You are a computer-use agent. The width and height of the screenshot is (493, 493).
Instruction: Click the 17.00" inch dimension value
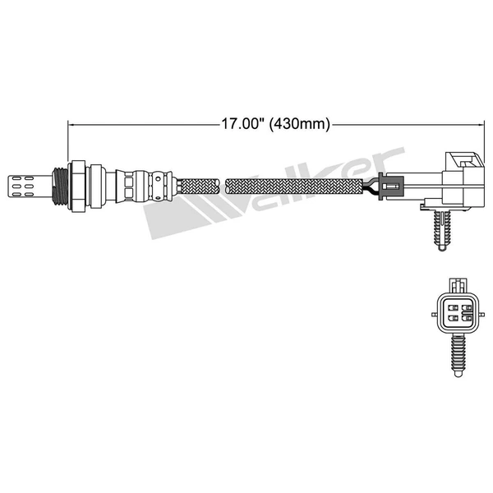(x=242, y=125)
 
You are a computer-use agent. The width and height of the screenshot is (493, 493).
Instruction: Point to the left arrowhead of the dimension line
(x=71, y=125)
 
